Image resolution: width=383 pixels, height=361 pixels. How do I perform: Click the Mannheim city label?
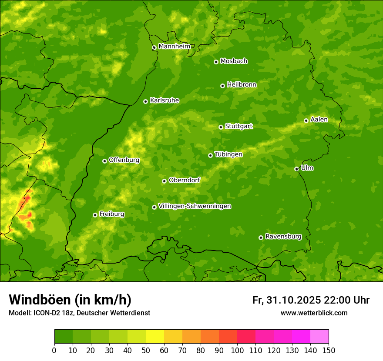point(174,47)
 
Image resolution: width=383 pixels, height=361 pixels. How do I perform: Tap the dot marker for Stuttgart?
point(221,127)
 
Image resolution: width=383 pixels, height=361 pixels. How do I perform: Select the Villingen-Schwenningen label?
point(195,206)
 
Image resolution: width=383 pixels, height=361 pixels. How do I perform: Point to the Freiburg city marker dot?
point(95,215)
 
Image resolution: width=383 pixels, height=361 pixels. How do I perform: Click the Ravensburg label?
point(283,237)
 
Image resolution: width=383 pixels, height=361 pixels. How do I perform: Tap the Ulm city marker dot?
point(296,169)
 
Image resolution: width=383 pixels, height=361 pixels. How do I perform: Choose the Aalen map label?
point(319,120)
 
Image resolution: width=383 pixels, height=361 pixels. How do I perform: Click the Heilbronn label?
point(242,85)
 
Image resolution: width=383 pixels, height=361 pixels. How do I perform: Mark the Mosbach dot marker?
point(216,62)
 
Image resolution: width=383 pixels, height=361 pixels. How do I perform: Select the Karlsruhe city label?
point(165,100)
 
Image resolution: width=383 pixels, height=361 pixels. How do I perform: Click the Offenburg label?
point(124,160)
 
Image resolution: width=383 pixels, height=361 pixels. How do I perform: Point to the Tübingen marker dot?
point(210,155)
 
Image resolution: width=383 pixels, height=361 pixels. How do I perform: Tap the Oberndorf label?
point(184,180)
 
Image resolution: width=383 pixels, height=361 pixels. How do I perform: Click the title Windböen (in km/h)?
point(70,300)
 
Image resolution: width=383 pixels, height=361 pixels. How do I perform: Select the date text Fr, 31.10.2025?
point(287,300)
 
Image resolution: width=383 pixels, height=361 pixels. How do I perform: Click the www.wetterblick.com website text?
point(314,313)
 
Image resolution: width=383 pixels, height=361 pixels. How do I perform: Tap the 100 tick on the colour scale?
point(237,350)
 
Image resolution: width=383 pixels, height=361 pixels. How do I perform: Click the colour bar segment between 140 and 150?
point(319,336)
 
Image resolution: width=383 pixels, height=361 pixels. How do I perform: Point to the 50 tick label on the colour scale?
point(146,350)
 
